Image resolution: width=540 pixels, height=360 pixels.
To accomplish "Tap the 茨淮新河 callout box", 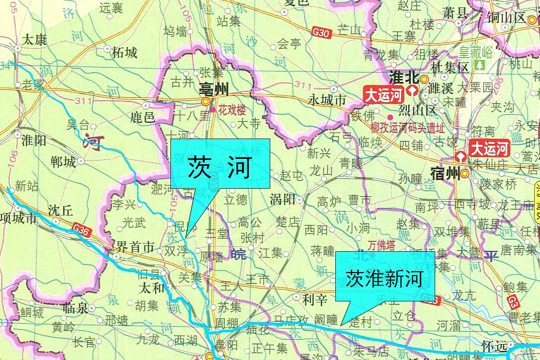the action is point(385,279).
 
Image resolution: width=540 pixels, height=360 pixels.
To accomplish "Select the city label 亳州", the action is point(213,89).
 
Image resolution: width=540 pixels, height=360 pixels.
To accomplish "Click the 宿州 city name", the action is point(444,174).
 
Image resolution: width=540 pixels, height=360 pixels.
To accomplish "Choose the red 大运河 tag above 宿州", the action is point(490,148).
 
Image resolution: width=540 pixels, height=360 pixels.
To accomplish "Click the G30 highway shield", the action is point(321,33).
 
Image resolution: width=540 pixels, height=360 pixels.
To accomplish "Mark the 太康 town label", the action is point(34,39).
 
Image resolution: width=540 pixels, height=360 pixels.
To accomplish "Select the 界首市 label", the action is point(137,247).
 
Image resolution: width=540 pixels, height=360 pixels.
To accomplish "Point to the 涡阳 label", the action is point(282,200).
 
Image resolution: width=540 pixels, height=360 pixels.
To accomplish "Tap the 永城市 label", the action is point(326,100).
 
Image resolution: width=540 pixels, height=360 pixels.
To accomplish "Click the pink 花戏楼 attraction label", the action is point(232,110).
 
